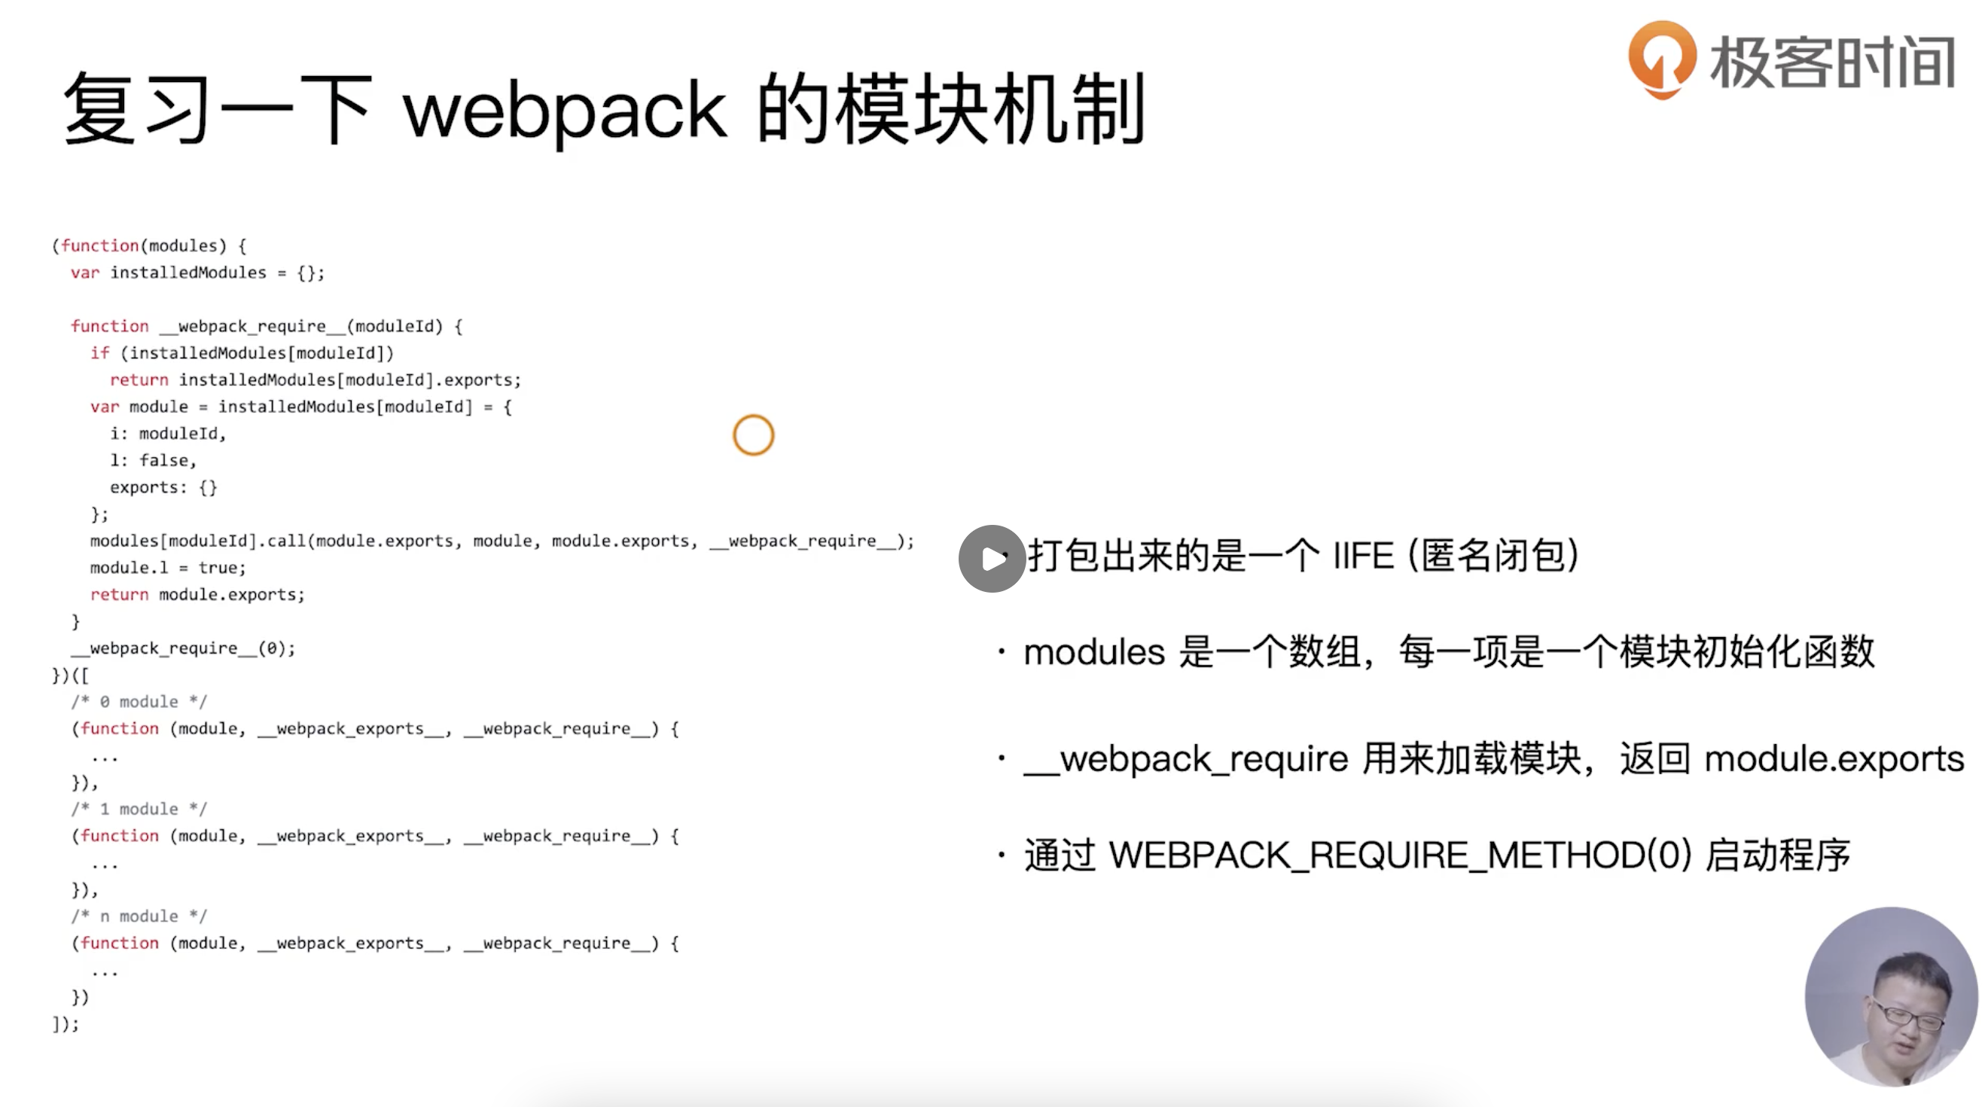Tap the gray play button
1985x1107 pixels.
point(992,559)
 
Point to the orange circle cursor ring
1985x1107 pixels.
point(753,435)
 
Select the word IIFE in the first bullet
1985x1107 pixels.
point(1363,557)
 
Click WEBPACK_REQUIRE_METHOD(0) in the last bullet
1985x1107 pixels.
point(1399,855)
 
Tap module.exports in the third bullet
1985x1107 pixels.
point(1833,760)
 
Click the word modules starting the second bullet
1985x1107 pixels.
point(1093,652)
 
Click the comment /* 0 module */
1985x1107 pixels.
point(139,702)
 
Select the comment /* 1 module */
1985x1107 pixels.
point(139,809)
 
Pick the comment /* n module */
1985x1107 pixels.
point(139,916)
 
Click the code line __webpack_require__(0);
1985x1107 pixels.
point(184,648)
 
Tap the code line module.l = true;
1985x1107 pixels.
point(168,568)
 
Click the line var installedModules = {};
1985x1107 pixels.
point(197,273)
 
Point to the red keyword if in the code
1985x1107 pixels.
point(99,353)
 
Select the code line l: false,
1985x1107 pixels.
point(154,461)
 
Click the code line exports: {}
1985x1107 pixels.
point(163,488)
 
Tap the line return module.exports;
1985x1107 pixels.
point(197,595)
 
